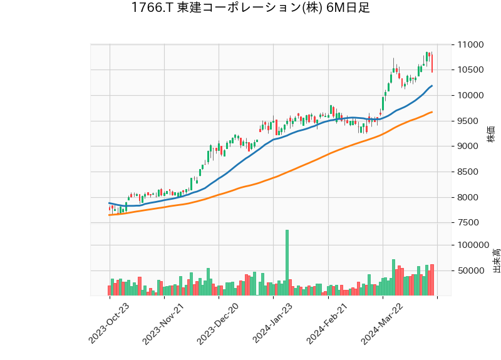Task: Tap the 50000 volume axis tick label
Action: click(472, 271)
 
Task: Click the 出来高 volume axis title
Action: click(496, 260)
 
